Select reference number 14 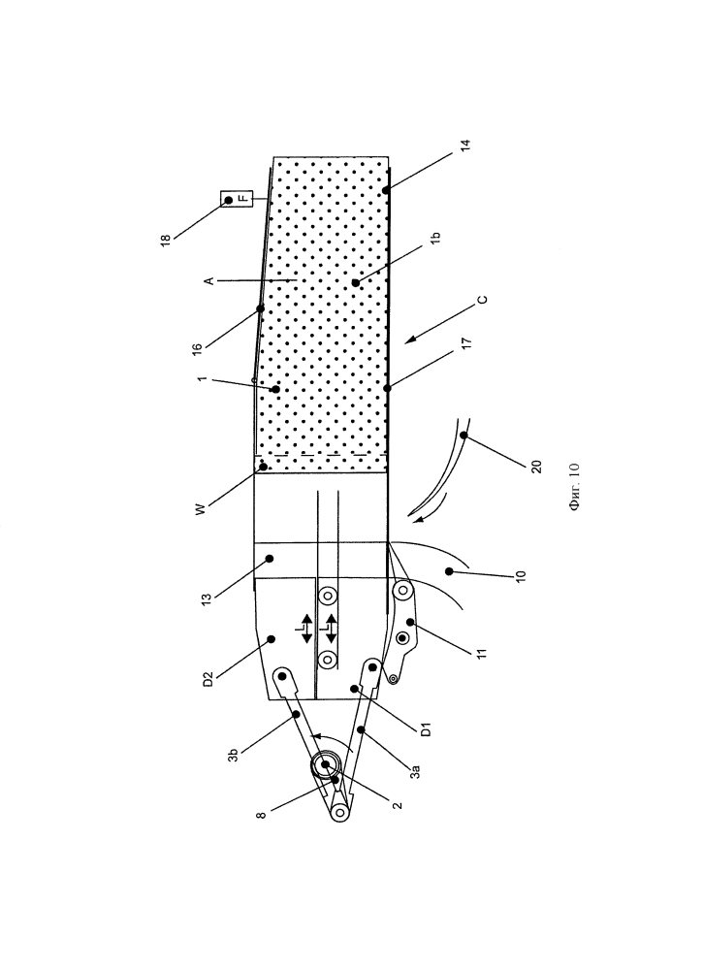[465, 145]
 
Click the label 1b [434, 238]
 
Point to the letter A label [209, 281]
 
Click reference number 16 [197, 348]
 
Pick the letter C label [483, 300]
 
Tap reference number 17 [466, 342]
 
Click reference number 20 [536, 467]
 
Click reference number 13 [206, 598]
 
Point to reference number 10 [520, 574]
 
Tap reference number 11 [483, 653]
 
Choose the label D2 [208, 679]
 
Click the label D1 [426, 728]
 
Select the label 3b [233, 755]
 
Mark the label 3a [416, 771]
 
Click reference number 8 [262, 815]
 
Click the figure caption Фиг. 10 [574, 487]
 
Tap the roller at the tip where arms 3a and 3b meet [339, 811]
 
